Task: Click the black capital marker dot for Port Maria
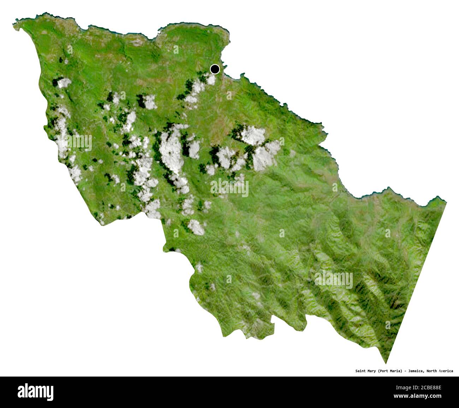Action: (x=215, y=69)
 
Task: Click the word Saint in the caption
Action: (x=361, y=371)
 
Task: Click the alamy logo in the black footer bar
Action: (x=35, y=392)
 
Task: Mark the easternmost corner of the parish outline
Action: (x=446, y=202)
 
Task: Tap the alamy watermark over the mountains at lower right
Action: (x=334, y=280)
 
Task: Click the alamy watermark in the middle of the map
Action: (x=229, y=188)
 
